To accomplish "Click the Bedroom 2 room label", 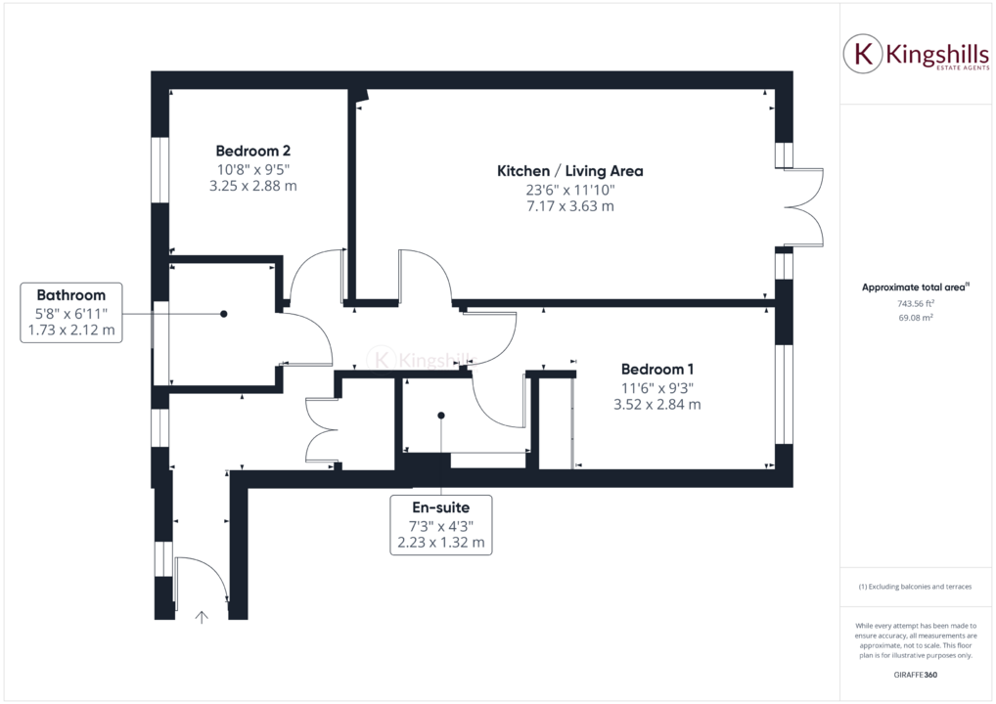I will pyautogui.click(x=252, y=151).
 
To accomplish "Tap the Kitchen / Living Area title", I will pyautogui.click(x=569, y=171).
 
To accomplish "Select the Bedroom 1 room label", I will pyautogui.click(x=656, y=370).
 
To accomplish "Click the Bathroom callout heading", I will pyautogui.click(x=70, y=295).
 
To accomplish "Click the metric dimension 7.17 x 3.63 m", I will pyautogui.click(x=569, y=206).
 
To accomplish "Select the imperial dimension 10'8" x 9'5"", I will pyautogui.click(x=252, y=168).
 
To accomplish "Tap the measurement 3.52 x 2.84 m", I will pyautogui.click(x=656, y=404).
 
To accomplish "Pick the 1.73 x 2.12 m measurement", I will pyautogui.click(x=70, y=330).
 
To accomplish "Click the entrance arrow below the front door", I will pyautogui.click(x=203, y=617).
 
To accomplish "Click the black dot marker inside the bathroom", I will pyautogui.click(x=224, y=314).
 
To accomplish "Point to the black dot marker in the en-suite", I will pyautogui.click(x=441, y=416).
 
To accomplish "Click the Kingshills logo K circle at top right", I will pyautogui.click(x=863, y=54).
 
